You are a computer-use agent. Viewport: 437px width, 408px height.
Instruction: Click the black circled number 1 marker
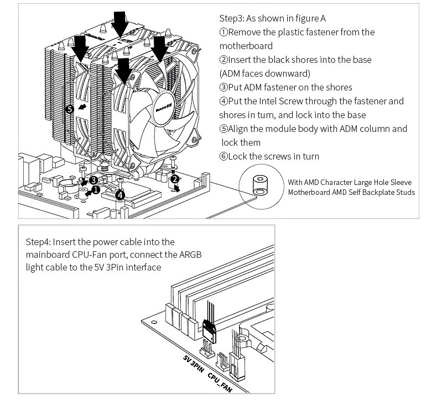tap(96, 190)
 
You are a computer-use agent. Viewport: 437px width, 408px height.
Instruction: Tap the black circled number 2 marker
tap(175, 179)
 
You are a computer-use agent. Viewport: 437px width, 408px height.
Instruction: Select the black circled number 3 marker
tap(93, 180)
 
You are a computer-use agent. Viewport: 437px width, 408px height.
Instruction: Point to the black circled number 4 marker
tap(121, 194)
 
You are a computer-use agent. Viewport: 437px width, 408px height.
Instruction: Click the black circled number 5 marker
tap(69, 109)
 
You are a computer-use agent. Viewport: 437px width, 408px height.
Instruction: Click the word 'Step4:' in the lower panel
tap(38, 242)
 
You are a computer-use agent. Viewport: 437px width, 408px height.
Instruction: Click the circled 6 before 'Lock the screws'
tap(223, 156)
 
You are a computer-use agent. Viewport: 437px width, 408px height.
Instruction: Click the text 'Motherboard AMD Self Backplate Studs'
tap(351, 192)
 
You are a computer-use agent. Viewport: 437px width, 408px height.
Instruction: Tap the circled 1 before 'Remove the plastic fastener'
tap(223, 32)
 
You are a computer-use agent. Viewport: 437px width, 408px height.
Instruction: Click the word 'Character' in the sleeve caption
tap(337, 182)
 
